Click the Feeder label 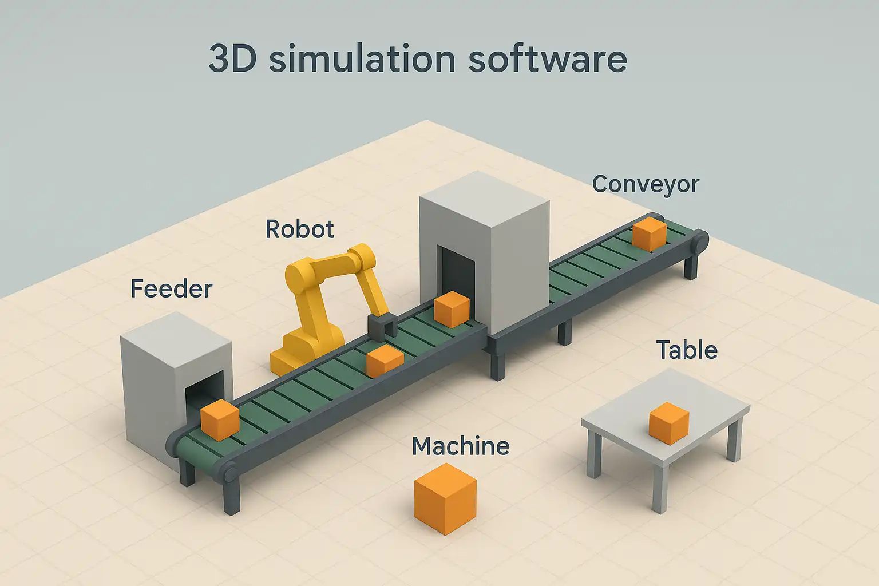click(x=172, y=288)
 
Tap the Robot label click(x=300, y=229)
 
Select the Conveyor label click(x=646, y=184)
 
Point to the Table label click(x=687, y=350)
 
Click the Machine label click(x=461, y=446)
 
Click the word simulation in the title click(x=362, y=59)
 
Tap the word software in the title click(x=548, y=59)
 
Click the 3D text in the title click(x=233, y=59)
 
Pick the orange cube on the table click(x=669, y=423)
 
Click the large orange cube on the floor click(x=445, y=498)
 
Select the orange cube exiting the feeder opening click(x=220, y=420)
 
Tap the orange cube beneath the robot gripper click(x=385, y=361)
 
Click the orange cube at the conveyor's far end click(x=650, y=235)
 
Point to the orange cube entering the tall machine click(x=452, y=309)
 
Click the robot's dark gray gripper click(x=382, y=327)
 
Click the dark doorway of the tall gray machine click(x=456, y=275)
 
